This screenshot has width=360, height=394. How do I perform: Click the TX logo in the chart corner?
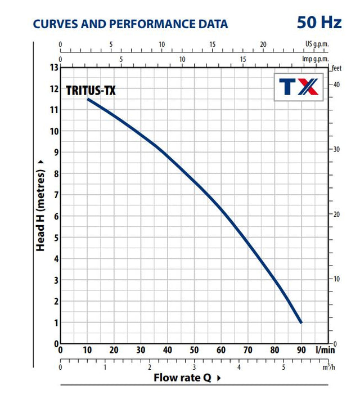click(299, 87)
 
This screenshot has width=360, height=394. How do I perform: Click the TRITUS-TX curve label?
click(91, 90)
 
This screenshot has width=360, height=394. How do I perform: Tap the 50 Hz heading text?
click(319, 23)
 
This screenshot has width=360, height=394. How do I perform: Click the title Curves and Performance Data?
click(130, 24)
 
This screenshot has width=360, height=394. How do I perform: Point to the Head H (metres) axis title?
click(40, 205)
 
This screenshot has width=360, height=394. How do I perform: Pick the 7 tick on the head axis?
click(56, 195)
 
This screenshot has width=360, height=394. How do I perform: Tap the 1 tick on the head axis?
click(56, 323)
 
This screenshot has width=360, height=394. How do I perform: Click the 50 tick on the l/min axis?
click(194, 350)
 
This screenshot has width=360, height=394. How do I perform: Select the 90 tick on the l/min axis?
click(301, 350)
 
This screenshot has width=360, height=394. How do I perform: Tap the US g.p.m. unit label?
click(317, 44)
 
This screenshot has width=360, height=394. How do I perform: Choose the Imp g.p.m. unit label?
click(315, 59)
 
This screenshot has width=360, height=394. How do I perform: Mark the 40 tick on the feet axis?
click(336, 84)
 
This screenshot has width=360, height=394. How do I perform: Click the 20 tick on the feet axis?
click(336, 214)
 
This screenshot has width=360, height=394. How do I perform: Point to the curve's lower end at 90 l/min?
click(301, 323)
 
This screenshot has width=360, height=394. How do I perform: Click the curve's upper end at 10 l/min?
click(88, 99)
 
